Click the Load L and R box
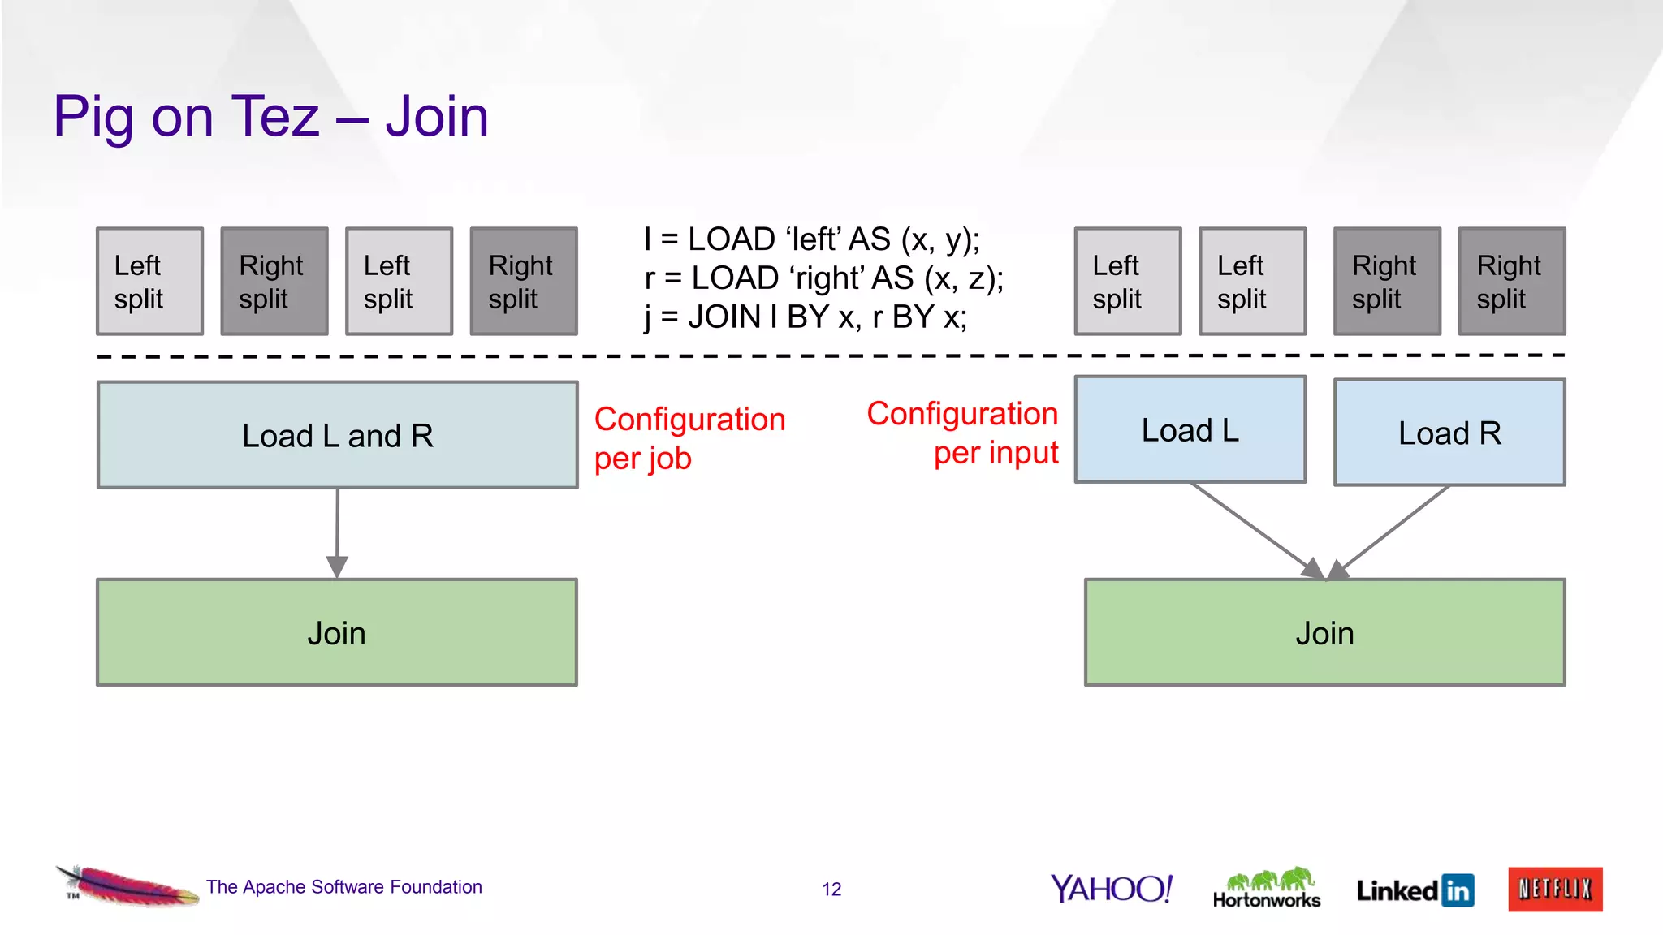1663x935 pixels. (337, 435)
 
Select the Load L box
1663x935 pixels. (1190, 429)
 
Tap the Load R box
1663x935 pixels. (1449, 433)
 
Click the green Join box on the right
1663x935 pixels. (1324, 632)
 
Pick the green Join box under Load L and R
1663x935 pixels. (336, 632)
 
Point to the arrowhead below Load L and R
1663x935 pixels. (337, 566)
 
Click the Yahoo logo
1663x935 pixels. (1111, 889)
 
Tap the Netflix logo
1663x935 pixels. (1555, 889)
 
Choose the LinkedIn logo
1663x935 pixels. (1415, 890)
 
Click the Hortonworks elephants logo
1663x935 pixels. (1267, 887)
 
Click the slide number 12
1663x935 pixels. (831, 890)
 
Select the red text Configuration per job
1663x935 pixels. (689, 438)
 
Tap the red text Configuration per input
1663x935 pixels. (963, 433)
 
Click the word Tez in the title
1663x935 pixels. (276, 116)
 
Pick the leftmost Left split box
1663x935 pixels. (149, 281)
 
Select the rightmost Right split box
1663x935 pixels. (1511, 281)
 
